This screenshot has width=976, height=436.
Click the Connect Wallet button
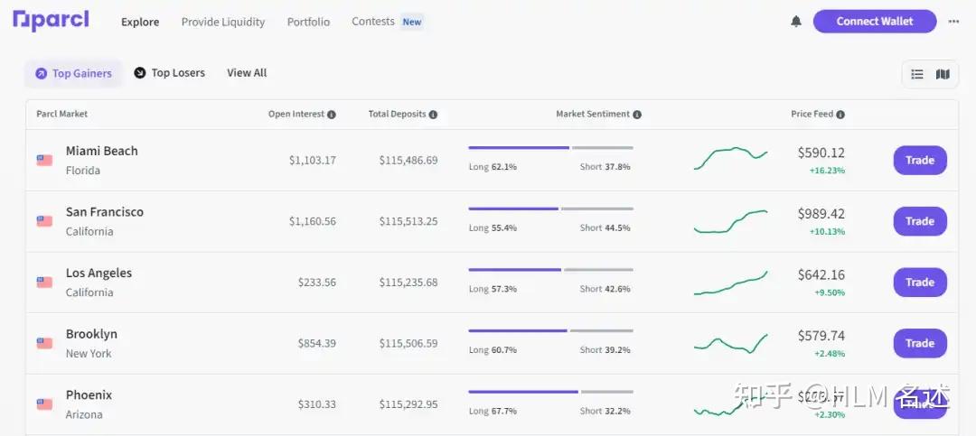[x=874, y=21]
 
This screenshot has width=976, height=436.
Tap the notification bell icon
[x=796, y=22]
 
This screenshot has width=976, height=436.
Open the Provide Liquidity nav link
[x=223, y=22]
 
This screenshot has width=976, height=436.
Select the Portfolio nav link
[x=308, y=22]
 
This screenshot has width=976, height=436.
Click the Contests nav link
[x=372, y=22]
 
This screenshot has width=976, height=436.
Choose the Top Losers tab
[x=170, y=73]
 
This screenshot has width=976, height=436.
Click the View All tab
[x=247, y=73]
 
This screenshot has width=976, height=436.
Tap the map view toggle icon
[x=943, y=74]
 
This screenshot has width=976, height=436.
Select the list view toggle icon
[x=917, y=74]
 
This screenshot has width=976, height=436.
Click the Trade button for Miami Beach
[x=920, y=160]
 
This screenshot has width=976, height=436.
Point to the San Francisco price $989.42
[x=821, y=214]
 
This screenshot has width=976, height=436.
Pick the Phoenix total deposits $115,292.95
[x=408, y=404]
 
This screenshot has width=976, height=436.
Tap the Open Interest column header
[x=296, y=115]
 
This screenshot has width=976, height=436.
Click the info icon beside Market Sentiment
[x=637, y=115]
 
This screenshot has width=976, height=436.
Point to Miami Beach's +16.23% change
[x=827, y=171]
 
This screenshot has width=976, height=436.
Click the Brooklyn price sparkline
[x=730, y=343]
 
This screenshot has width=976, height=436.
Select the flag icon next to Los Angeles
[x=44, y=282]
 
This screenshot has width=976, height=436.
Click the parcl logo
[x=51, y=20]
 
